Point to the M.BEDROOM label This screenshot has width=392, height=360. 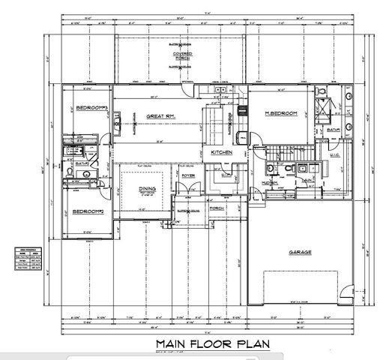282,112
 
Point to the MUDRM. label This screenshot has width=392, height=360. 270,182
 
